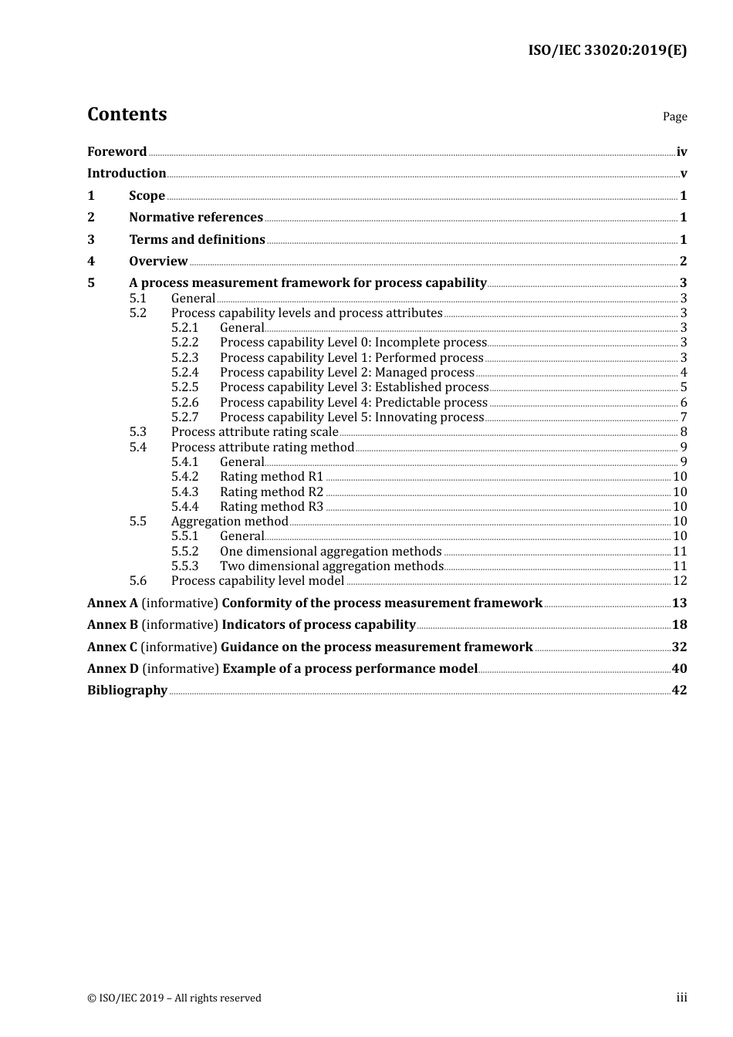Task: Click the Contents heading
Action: pyautogui.click(x=127, y=114)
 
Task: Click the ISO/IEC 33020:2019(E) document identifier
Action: pyautogui.click(x=607, y=51)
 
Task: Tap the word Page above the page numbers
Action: pyautogui.click(x=674, y=117)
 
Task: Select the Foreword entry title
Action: pyautogui.click(x=117, y=152)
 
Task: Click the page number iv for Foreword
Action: pyautogui.click(x=681, y=152)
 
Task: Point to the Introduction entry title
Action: pyautogui.click(x=127, y=174)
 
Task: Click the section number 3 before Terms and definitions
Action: pyautogui.click(x=91, y=240)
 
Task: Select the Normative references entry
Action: pyautogui.click(x=196, y=218)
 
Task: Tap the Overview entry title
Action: pyautogui.click(x=158, y=262)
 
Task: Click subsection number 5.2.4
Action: pyautogui.click(x=184, y=373)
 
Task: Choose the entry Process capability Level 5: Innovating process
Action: pyautogui.click(x=352, y=417)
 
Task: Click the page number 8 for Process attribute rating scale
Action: pyautogui.click(x=684, y=432)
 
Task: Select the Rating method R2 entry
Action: pyautogui.click(x=272, y=492)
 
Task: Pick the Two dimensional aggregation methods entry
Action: pyautogui.click(x=332, y=566)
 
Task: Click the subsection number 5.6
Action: pyautogui.click(x=138, y=581)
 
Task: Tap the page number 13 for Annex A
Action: pyautogui.click(x=679, y=603)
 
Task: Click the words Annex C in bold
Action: pyautogui.click(x=112, y=647)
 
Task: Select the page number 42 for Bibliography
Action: pyautogui.click(x=679, y=691)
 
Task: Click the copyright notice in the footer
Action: pyautogui.click(x=174, y=998)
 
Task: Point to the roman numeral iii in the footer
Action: pyautogui.click(x=681, y=998)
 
